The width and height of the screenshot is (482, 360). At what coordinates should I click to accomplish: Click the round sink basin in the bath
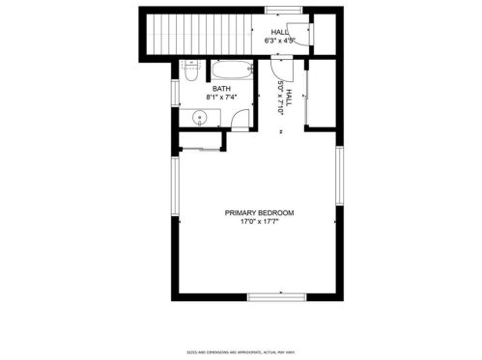pyautogui.click(x=199, y=119)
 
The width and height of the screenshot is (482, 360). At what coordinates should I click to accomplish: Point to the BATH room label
pyautogui.click(x=221, y=89)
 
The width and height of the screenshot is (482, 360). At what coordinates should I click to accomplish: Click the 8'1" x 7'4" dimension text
pyautogui.click(x=221, y=97)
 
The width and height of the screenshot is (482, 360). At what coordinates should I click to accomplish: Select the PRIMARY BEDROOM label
pyautogui.click(x=259, y=212)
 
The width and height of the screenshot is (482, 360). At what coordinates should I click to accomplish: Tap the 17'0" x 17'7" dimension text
pyautogui.click(x=259, y=222)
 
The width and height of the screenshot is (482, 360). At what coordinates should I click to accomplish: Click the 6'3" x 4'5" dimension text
pyautogui.click(x=280, y=41)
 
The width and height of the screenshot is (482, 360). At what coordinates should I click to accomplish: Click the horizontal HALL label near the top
pyautogui.click(x=280, y=32)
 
